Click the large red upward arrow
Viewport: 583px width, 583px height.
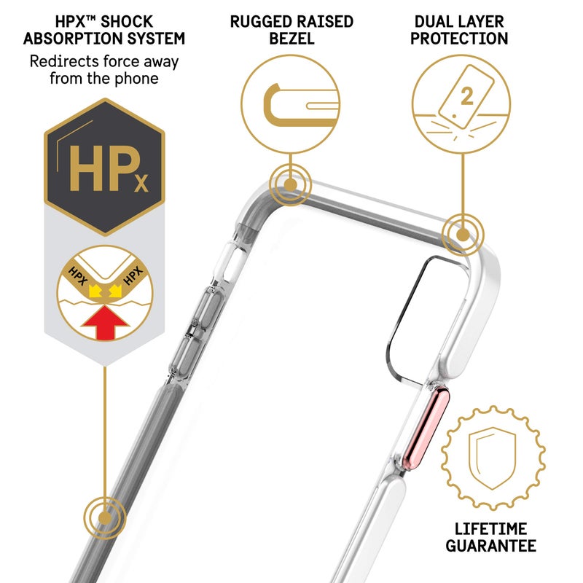pos(105,323)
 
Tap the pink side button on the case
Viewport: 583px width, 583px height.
pos(427,429)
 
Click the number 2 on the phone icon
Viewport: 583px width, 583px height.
pos(467,96)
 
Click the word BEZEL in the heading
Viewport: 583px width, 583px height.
pos(292,39)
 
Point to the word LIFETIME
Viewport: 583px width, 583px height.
pos(490,529)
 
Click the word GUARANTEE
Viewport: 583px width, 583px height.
pos(490,546)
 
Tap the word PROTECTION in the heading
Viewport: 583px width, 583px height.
pos(459,39)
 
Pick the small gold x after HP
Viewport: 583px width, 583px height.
pos(141,183)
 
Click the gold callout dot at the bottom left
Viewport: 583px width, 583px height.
pos(105,518)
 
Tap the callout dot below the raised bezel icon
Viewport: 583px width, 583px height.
pos(290,185)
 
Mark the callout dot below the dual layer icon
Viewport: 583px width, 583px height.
pos(463,235)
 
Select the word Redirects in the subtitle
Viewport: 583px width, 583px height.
pos(64,62)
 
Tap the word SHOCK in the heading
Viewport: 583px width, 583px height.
pos(127,22)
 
